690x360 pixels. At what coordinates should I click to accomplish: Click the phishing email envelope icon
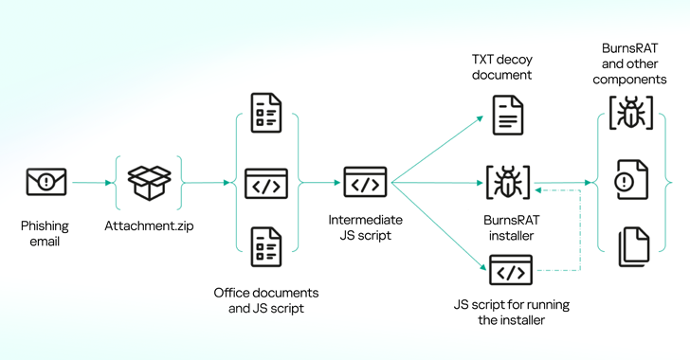coord(46,182)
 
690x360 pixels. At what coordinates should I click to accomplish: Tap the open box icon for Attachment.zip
coord(149,182)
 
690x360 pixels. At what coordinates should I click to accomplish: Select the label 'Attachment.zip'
coord(149,227)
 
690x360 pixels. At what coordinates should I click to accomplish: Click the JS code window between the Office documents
coord(266,183)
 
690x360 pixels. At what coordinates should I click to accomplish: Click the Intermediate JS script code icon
coord(365,182)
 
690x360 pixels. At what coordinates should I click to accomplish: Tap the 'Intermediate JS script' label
coord(365,227)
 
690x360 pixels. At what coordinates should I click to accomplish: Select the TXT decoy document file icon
coord(508,116)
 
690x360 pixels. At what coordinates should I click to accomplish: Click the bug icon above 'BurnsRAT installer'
coord(508,182)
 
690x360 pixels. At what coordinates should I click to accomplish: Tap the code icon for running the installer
coord(511,271)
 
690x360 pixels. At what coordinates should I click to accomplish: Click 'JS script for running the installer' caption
coord(511,313)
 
